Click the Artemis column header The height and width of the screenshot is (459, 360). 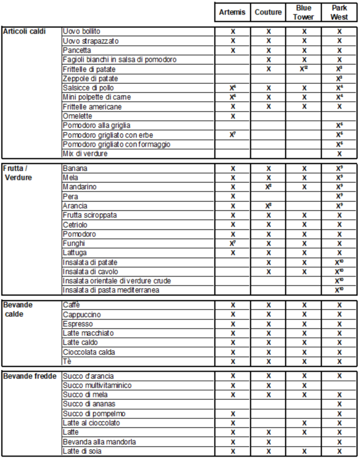232,12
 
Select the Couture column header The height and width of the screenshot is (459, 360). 268,12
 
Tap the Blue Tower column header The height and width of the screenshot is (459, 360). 304,12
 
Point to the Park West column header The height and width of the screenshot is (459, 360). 339,12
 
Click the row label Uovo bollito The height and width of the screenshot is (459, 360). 82,31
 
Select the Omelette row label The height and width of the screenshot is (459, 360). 77,116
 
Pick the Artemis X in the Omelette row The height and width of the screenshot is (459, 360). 233,117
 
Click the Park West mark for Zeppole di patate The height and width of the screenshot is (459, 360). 339,79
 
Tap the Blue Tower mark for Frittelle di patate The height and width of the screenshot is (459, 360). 304,69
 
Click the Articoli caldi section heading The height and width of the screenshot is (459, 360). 25,31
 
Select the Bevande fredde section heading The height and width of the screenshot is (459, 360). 30,376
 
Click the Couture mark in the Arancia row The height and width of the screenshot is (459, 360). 269,206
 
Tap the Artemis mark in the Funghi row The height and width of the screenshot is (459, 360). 233,243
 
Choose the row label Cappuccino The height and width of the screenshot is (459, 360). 82,315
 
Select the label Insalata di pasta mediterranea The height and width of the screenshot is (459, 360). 111,290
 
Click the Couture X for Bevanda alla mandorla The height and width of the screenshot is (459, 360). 269,442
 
